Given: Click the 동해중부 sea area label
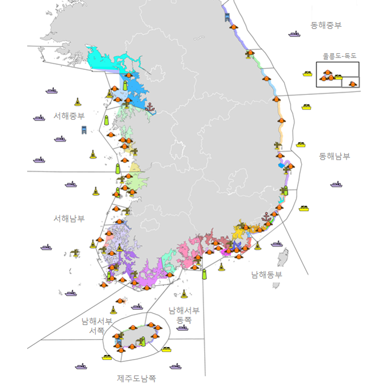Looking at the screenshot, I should pyautogui.click(x=326, y=26).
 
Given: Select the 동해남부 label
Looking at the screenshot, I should pyautogui.click(x=335, y=156).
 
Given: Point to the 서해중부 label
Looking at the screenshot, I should pyautogui.click(x=69, y=115).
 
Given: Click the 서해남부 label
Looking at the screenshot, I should pyautogui.click(x=69, y=218).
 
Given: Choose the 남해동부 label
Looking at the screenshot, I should pyautogui.click(x=267, y=274).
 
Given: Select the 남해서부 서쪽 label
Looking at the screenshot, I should pyautogui.click(x=96, y=325).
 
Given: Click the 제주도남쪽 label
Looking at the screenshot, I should pyautogui.click(x=137, y=378).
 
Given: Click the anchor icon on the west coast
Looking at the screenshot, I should pyautogui.click(x=150, y=107).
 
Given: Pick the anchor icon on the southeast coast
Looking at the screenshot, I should pyautogui.click(x=265, y=216).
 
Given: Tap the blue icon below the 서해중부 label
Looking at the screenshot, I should pyautogui.click(x=84, y=130).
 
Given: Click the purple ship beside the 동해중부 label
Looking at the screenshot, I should pyautogui.click(x=294, y=34).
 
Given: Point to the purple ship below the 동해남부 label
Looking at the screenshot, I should pyautogui.click(x=337, y=184).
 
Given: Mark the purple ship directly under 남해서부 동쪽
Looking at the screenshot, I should pyautogui.click(x=182, y=328).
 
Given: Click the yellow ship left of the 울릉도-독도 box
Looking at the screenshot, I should pyautogui.click(x=308, y=73).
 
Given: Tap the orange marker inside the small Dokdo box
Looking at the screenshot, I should pyautogui.click(x=353, y=84).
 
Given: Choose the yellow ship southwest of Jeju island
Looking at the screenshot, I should pyautogui.click(x=107, y=357).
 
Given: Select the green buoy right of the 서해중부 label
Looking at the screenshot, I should pyautogui.click(x=106, y=120).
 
